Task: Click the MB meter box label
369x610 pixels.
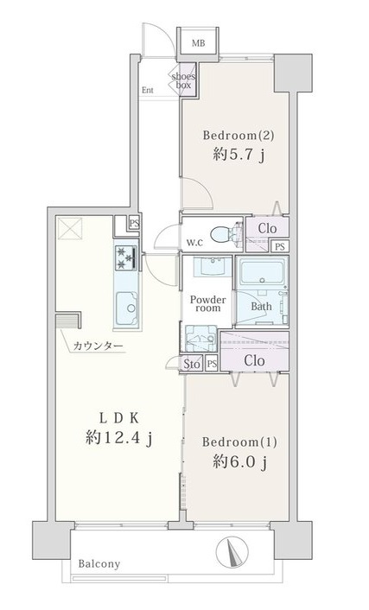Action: pos(198,43)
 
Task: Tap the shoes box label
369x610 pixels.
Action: pos(183,80)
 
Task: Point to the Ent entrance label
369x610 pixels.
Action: pos(148,90)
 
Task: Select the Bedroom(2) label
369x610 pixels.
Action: pos(239,136)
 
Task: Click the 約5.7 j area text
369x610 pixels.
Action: pos(239,156)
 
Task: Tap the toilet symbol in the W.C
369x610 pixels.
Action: pos(226,235)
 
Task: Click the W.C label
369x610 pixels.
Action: pos(194,244)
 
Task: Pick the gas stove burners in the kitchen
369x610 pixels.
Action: pos(126,257)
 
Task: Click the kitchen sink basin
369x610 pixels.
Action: pos(127,308)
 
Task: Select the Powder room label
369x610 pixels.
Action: pos(208,304)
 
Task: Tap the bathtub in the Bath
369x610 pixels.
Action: pos(262,272)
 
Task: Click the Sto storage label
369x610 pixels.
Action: pos(192,364)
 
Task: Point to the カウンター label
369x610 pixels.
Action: pos(99,346)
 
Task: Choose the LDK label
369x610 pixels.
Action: pos(118,418)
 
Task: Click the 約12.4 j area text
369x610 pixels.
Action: pos(118,438)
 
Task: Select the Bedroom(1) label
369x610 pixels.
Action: pos(239,442)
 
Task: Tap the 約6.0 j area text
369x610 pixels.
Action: pos(239,462)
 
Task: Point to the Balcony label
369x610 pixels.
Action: pos(99,564)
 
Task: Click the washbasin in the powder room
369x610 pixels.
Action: pos(212,266)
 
